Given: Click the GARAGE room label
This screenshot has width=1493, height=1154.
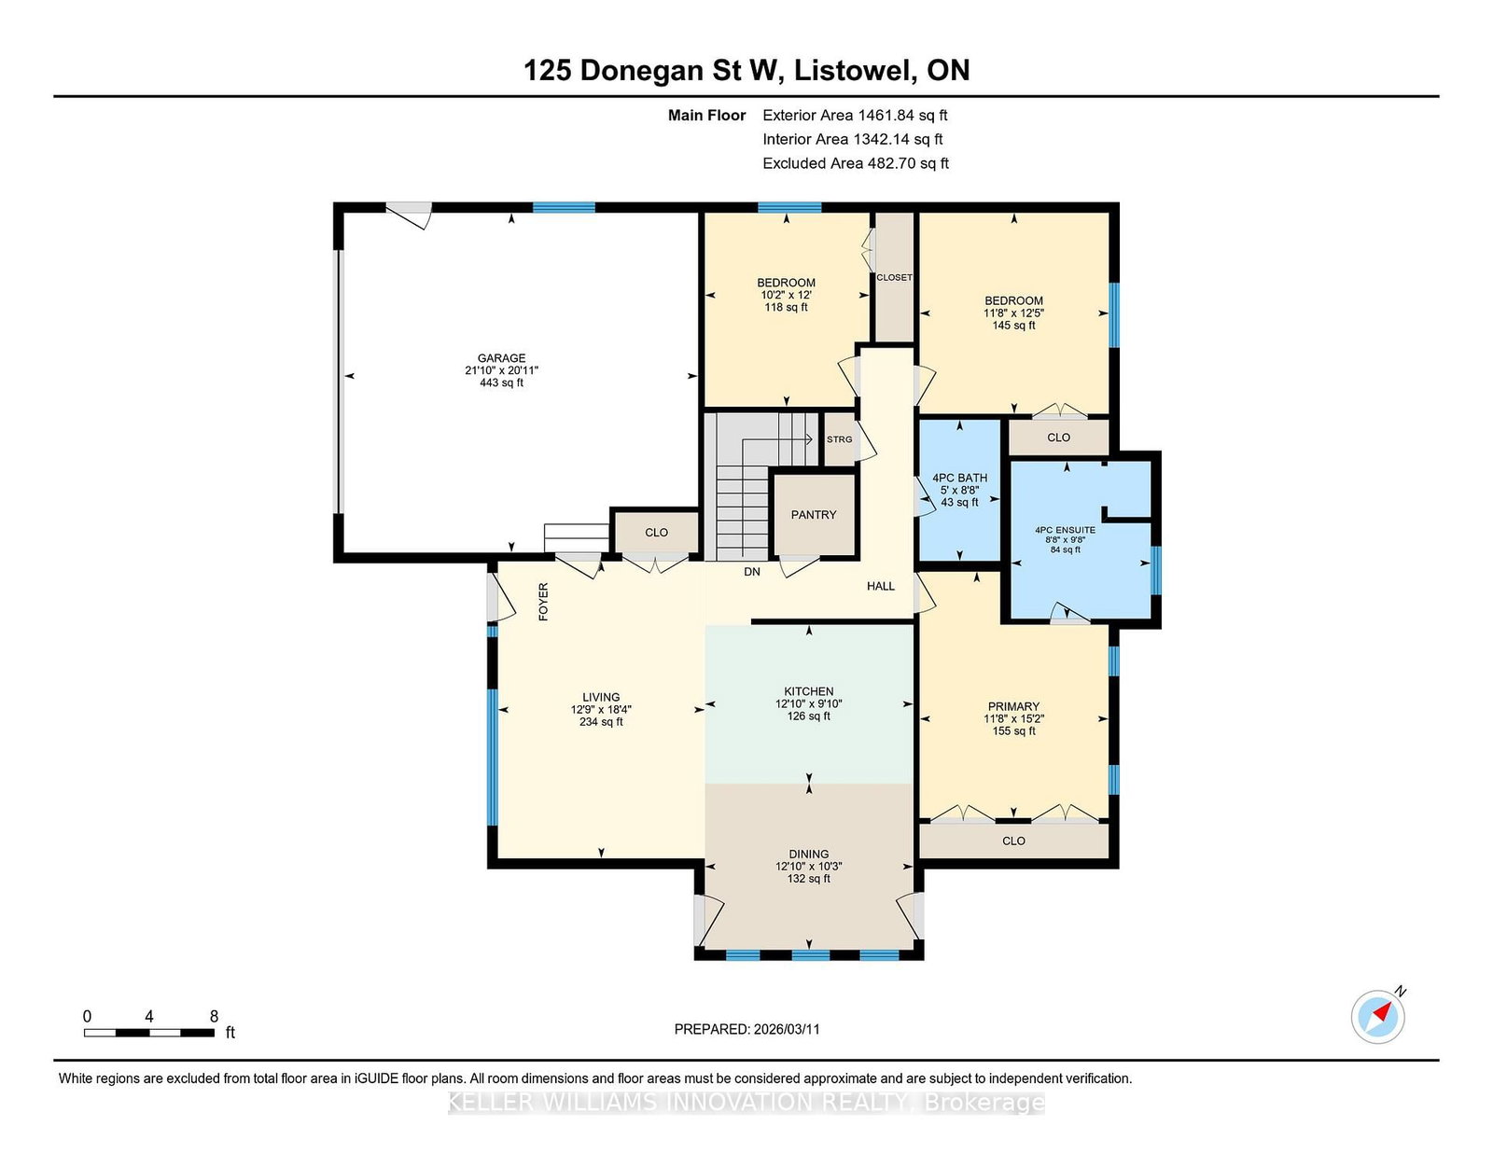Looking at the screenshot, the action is click(x=502, y=358).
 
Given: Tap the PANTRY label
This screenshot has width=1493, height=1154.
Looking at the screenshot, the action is click(x=814, y=514).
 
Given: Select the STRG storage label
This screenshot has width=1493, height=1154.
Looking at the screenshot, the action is click(x=839, y=439).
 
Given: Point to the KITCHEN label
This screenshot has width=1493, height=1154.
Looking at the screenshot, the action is click(x=809, y=691).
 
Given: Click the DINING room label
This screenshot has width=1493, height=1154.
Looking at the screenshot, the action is click(x=809, y=854).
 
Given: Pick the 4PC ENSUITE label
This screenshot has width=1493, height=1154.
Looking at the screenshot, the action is click(x=1065, y=530).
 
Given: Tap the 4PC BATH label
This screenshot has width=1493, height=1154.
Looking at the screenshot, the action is click(x=960, y=478).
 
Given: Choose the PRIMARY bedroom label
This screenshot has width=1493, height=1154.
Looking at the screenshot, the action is click(x=1013, y=706).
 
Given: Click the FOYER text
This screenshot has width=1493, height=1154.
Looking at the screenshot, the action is click(x=543, y=602).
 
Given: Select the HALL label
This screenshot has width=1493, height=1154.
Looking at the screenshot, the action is click(x=881, y=586).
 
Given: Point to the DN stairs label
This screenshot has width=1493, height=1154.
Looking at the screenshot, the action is click(x=752, y=572).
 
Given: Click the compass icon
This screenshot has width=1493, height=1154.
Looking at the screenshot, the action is click(x=1378, y=1017).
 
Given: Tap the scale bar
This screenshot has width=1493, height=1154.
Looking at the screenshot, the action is click(x=149, y=1033).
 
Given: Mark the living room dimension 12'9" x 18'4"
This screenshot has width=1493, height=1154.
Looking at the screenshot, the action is click(x=601, y=710).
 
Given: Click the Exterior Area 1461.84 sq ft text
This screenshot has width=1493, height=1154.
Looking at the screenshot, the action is click(x=855, y=116).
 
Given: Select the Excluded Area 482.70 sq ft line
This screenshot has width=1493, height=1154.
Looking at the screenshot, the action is click(x=856, y=163).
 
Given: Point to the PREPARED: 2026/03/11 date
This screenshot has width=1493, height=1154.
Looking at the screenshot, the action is click(x=746, y=1029).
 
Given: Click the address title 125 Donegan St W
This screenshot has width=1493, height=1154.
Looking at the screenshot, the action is click(x=653, y=71).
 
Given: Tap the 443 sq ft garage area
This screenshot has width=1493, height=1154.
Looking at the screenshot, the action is click(x=502, y=382).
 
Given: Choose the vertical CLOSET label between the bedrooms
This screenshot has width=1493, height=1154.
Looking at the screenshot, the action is click(x=895, y=277).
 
